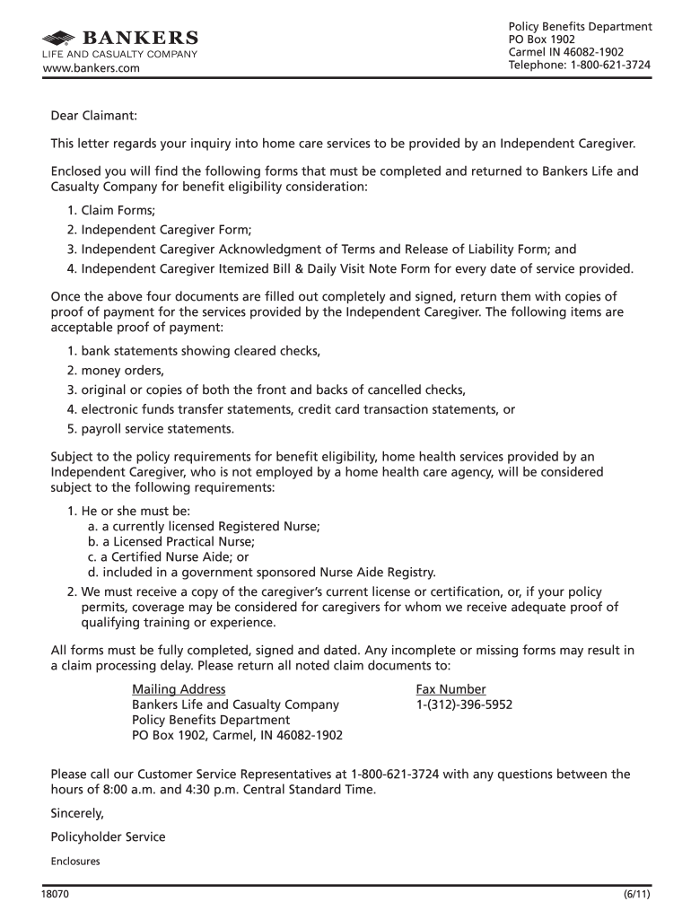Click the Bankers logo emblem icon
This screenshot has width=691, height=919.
point(60,38)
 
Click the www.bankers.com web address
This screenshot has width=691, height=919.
point(92,68)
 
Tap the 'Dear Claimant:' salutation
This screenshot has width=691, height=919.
point(93,116)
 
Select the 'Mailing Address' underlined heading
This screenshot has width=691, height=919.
point(178,689)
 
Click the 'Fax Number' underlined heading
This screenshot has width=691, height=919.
point(450,689)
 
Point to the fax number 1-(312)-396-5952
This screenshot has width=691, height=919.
point(464,705)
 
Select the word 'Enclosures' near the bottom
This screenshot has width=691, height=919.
point(75,861)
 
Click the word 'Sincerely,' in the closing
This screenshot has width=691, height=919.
point(78,814)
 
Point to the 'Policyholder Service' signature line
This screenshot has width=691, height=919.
point(109,836)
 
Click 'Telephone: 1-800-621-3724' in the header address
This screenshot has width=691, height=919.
point(579,65)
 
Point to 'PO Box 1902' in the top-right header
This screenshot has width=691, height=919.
point(542,39)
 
